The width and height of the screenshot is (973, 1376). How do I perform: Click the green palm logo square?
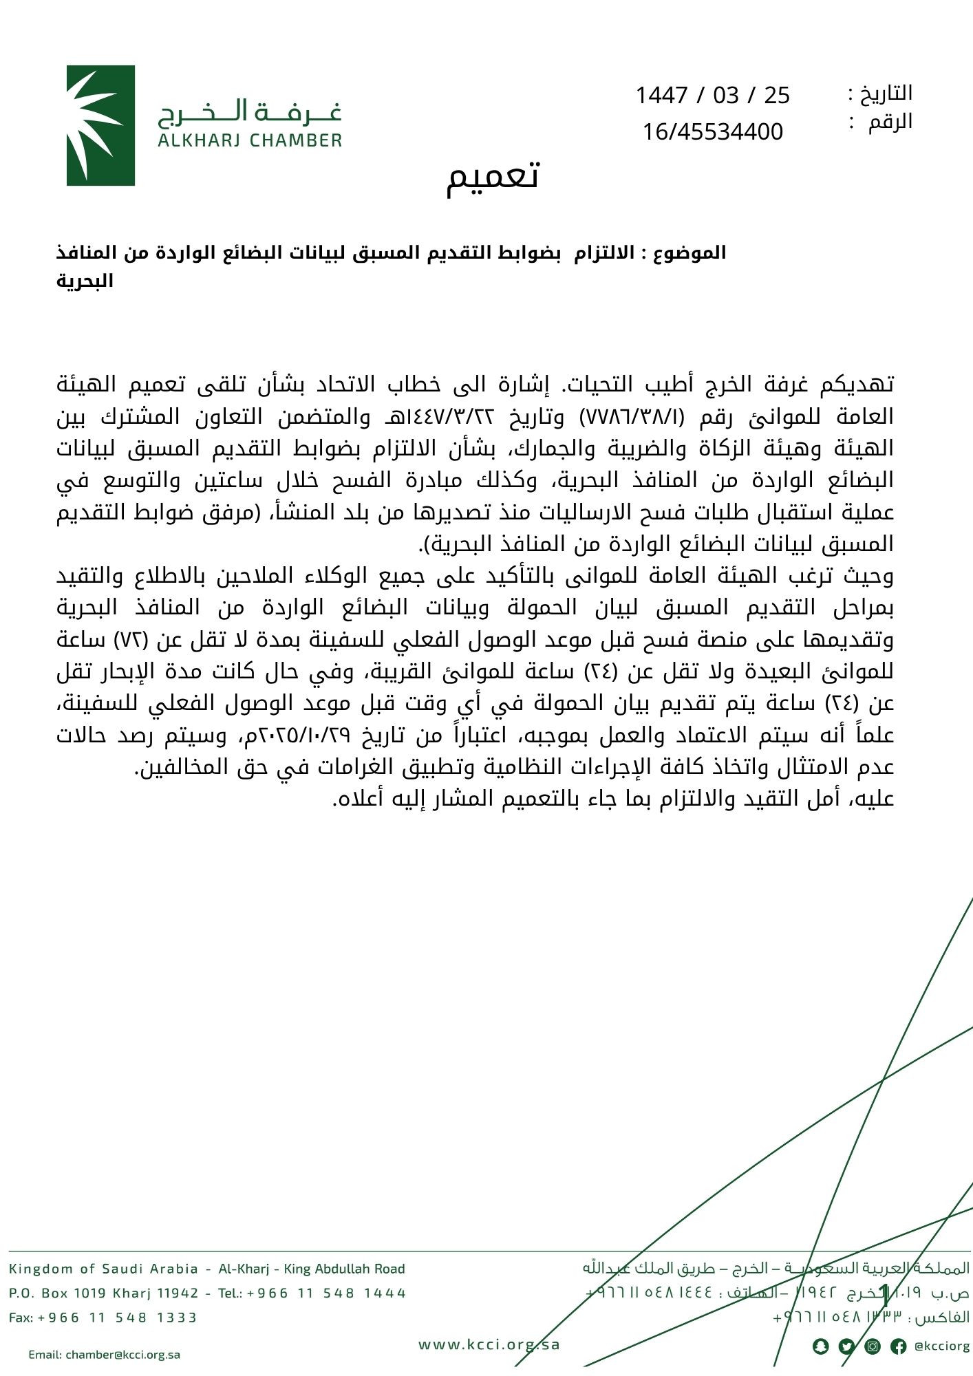[x=100, y=125]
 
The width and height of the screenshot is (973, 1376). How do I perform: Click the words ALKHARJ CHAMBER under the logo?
[x=250, y=141]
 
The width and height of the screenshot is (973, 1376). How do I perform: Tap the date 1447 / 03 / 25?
[x=712, y=95]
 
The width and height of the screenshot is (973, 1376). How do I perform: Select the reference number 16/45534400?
[x=712, y=131]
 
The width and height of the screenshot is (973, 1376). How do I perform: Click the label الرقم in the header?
[x=890, y=122]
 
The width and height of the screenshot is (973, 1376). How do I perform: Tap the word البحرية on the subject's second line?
[x=85, y=281]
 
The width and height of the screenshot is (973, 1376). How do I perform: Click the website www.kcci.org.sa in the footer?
[x=489, y=1344]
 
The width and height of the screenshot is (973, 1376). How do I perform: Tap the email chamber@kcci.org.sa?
[x=105, y=1355]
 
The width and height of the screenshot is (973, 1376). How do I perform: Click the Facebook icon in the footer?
[x=898, y=1346]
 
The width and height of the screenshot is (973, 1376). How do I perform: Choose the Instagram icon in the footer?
[x=873, y=1346]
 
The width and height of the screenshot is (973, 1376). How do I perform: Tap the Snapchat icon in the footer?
[x=820, y=1346]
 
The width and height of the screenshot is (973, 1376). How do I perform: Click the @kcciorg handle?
[x=942, y=1346]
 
